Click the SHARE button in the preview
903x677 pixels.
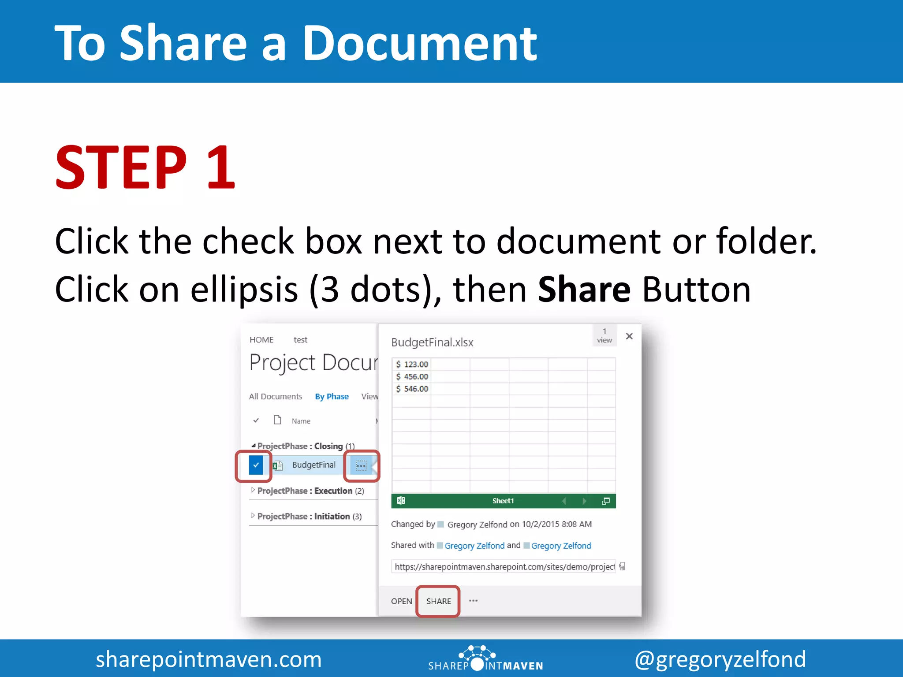point(438,601)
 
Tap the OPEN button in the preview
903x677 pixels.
point(401,601)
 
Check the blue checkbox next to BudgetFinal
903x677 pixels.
point(256,465)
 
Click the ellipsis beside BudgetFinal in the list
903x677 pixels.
point(361,465)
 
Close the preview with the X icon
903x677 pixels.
point(629,336)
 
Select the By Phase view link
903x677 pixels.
point(332,397)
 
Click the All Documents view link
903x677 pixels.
point(276,397)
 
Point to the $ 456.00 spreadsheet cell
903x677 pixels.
point(412,376)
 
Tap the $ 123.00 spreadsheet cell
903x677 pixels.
point(412,364)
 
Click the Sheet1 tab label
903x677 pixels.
point(503,501)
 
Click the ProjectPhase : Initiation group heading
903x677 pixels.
point(309,517)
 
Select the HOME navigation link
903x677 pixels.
point(261,340)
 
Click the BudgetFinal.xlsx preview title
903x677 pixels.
point(432,342)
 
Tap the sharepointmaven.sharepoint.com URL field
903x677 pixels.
point(504,567)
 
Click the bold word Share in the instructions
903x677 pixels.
point(584,290)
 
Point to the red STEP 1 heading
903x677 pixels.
point(145,168)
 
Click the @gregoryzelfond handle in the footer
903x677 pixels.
point(720,659)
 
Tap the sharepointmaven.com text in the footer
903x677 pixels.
point(209,659)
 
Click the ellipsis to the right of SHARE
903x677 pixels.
point(473,601)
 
